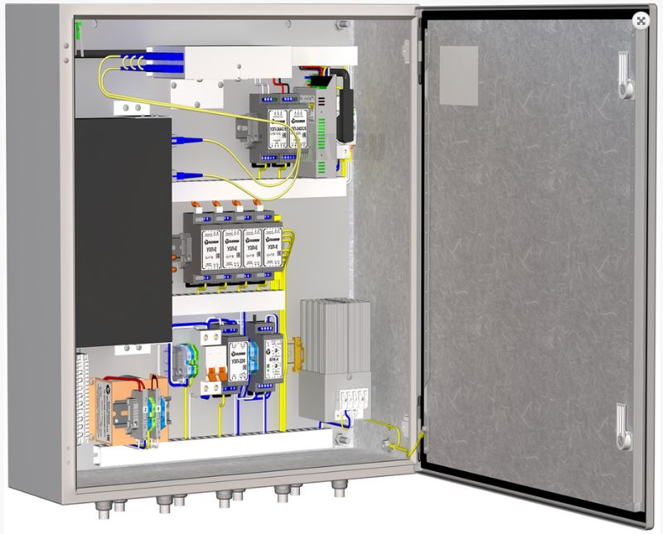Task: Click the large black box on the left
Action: pyautogui.click(x=123, y=232)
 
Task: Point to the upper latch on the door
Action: pyautogui.click(x=625, y=75)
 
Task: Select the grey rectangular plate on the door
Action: pyautogui.click(x=458, y=75)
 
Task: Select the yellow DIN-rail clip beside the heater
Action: pyautogui.click(x=290, y=348)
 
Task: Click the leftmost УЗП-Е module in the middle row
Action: pyautogui.click(x=210, y=246)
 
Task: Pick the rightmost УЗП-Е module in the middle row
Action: pyautogui.click(x=271, y=246)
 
